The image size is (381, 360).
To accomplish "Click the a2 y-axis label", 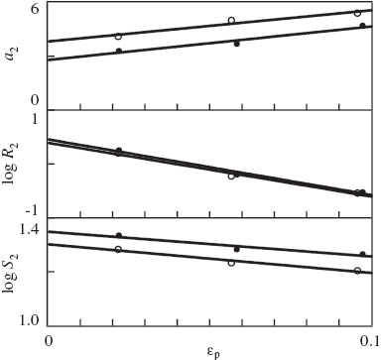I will point(13,55).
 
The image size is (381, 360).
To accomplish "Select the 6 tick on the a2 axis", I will point(35,9).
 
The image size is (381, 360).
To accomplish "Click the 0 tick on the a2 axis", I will point(35,101).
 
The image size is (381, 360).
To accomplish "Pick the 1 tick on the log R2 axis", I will point(35,118).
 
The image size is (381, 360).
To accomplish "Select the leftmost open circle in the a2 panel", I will point(118,36).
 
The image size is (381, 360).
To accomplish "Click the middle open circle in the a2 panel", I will point(231,20).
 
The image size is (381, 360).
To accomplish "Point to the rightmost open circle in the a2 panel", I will point(357,13).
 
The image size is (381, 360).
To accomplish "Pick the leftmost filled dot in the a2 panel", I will point(119,51).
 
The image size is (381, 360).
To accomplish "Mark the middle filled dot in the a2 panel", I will point(236,44).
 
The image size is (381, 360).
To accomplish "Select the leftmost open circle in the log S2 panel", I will point(118,249).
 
